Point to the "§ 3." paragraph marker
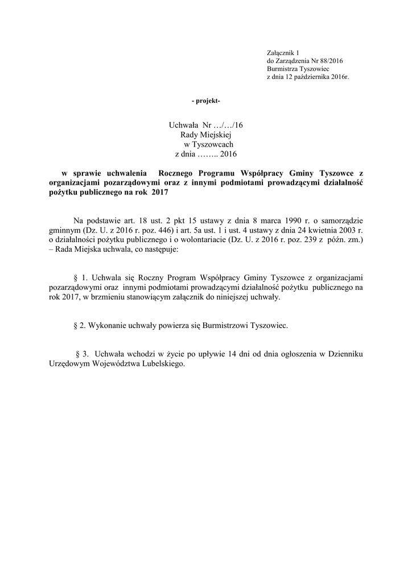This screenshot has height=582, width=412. [x=83, y=354]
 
